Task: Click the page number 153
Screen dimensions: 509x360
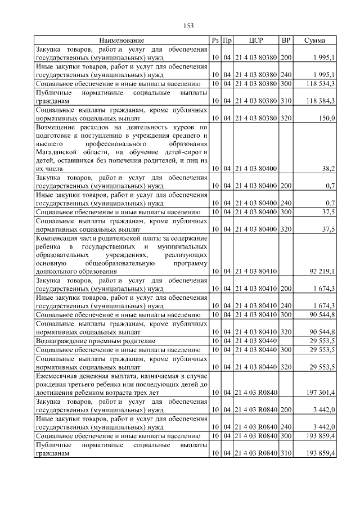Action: (188, 25)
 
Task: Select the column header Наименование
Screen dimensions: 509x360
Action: (121, 40)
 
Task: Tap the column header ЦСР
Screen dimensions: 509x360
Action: (256, 40)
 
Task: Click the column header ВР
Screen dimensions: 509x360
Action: (286, 40)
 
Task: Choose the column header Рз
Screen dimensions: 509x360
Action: (215, 40)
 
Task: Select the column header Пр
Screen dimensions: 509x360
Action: (227, 40)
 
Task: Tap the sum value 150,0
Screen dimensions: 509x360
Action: (327, 118)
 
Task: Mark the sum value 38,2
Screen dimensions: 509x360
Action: (329, 169)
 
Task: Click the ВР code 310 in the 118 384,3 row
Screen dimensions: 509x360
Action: (286, 101)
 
